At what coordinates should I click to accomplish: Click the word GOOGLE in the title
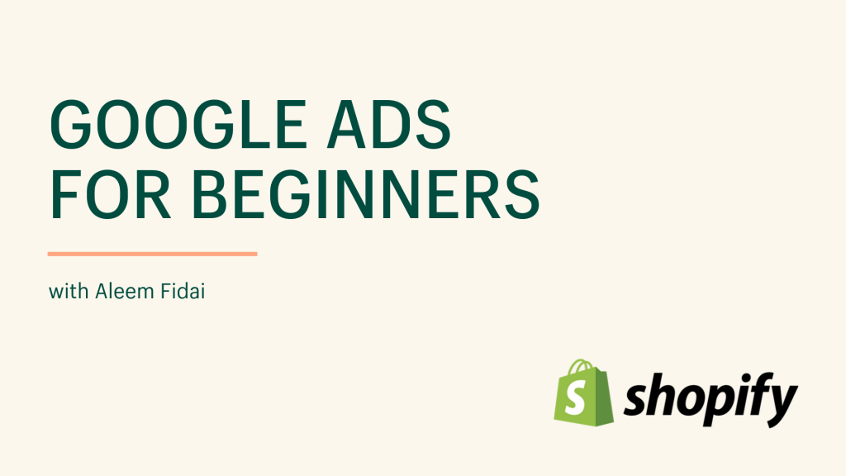click(x=178, y=125)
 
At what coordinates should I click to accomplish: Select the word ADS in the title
click(x=388, y=125)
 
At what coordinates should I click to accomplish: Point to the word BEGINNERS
click(x=365, y=194)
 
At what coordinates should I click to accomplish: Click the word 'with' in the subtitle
click(x=69, y=292)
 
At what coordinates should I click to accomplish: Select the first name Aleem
click(x=124, y=292)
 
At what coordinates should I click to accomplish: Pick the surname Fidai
click(x=183, y=292)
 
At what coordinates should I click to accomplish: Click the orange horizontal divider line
click(x=152, y=254)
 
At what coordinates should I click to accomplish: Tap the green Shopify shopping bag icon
click(x=583, y=393)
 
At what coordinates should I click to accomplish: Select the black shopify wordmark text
click(x=710, y=399)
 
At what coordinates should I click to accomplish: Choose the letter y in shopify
click(x=780, y=406)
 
